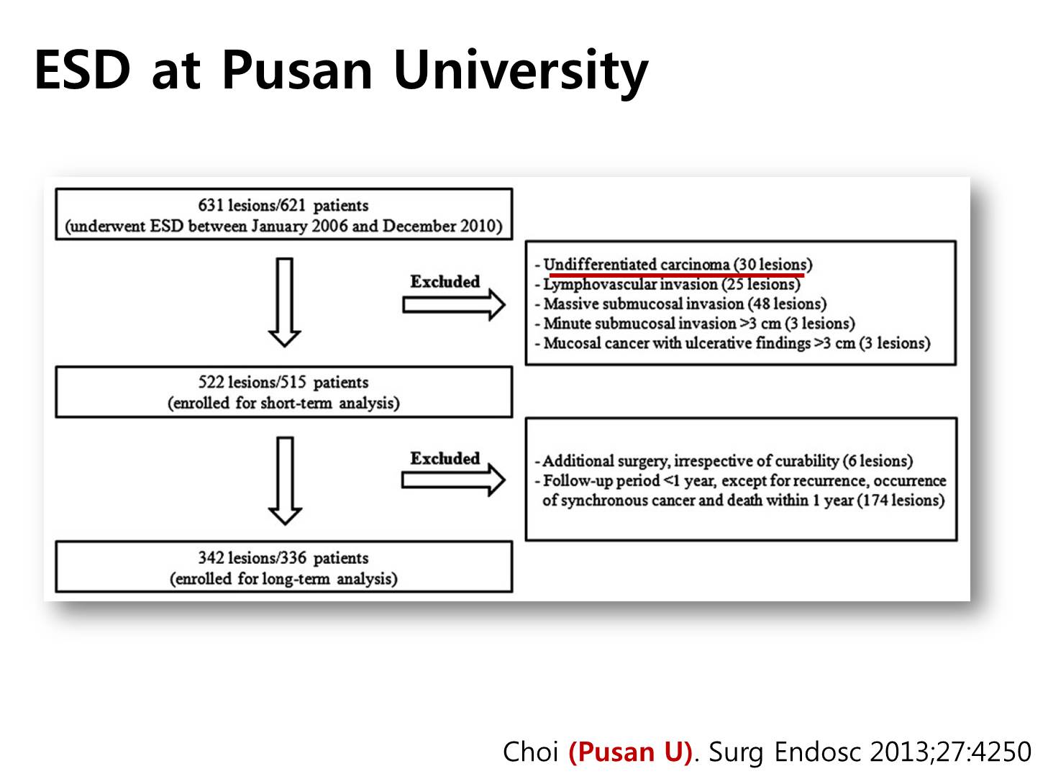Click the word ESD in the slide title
pos(82,70)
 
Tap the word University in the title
pos(521,73)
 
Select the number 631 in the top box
pos(211,205)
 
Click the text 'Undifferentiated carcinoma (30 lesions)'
pos(678,265)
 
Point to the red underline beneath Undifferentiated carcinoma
pos(677,275)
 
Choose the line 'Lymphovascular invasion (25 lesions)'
pos(672,285)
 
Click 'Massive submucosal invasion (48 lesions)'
pos(685,304)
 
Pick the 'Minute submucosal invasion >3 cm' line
pos(699,324)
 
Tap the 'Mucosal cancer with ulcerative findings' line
pos(737,343)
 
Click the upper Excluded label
pos(445,282)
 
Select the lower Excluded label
pos(445,458)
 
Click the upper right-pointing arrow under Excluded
pos(454,305)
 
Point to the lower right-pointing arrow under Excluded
pos(454,480)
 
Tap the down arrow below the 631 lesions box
pos(285,302)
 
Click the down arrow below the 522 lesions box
pos(285,480)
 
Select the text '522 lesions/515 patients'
pos(283,383)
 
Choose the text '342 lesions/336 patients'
pos(283,557)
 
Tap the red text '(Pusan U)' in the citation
pos(630,751)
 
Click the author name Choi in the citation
pos(530,751)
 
